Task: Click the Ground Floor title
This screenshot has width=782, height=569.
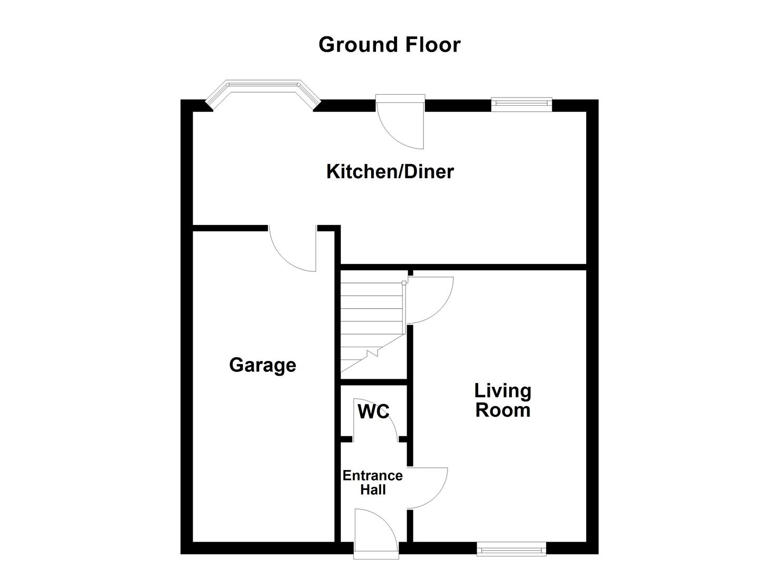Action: pos(389,45)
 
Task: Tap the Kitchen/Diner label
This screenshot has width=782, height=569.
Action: pos(390,172)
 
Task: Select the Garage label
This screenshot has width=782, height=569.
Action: pos(262,365)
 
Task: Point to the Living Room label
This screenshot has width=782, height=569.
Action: pos(502,400)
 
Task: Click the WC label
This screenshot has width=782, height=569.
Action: pos(373,411)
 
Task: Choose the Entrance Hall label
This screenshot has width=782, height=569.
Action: pos(372,483)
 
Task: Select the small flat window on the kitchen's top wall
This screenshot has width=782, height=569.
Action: pos(521,104)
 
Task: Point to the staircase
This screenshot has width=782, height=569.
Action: pos(371,327)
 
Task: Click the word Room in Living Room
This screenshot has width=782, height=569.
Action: pos(502,410)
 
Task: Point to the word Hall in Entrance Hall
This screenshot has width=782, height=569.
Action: pos(373,490)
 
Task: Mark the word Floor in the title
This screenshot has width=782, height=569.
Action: pos(432,45)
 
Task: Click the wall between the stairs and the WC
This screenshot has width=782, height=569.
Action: pos(374,382)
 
